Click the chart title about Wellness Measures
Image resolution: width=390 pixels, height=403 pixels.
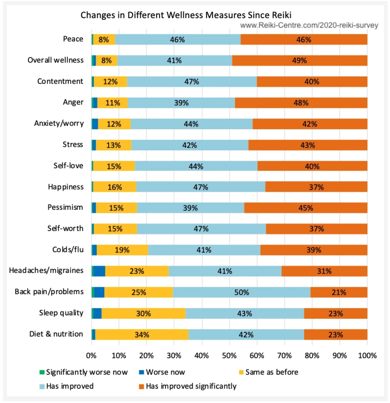point(186,15)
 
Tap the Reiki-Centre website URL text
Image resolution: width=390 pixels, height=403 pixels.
point(309,25)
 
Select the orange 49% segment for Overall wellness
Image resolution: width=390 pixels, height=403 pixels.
point(300,61)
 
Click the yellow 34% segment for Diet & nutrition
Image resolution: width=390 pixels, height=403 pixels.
point(142,335)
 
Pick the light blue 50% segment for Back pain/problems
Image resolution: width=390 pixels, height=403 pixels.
point(242,292)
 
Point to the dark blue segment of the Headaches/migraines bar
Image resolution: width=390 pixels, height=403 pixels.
point(99,271)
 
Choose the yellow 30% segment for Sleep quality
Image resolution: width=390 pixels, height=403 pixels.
point(143,313)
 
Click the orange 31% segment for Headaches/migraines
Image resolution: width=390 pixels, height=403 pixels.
point(324,271)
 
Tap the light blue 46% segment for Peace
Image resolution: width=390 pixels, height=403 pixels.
point(177,40)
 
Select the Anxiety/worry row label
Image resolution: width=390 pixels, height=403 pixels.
point(59,123)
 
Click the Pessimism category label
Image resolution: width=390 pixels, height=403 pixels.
point(65,207)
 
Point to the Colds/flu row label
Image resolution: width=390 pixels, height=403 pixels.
point(68,250)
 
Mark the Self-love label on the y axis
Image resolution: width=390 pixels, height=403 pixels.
point(68,166)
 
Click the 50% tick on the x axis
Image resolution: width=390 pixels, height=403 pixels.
point(229,356)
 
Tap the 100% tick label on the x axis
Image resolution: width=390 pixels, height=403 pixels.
point(367,356)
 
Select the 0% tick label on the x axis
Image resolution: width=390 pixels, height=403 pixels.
point(91,356)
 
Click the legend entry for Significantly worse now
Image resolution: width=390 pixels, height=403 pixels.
point(83,372)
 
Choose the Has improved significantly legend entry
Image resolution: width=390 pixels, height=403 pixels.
point(188,386)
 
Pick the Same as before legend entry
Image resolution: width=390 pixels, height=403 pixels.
point(269,372)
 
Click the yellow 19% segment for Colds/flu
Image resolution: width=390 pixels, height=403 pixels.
point(122,250)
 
